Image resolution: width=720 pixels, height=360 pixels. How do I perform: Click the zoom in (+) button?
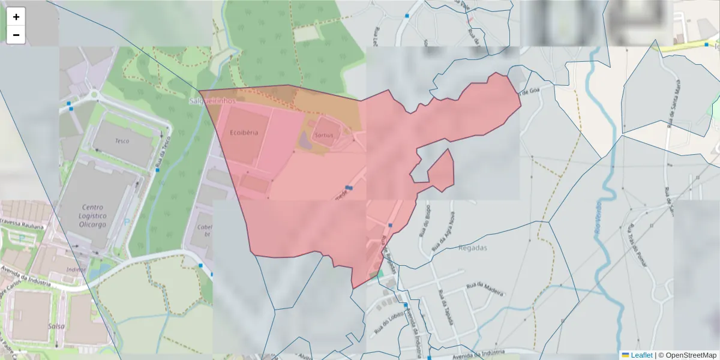click(x=16, y=17)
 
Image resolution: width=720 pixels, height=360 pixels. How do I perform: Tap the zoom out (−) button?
click(x=16, y=35)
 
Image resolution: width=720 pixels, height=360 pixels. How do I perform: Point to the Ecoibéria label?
click(x=244, y=133)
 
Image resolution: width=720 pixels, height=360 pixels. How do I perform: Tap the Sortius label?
click(x=324, y=136)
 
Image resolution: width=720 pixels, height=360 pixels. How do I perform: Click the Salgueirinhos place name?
click(x=211, y=101)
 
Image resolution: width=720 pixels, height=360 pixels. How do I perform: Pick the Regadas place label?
click(x=473, y=247)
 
